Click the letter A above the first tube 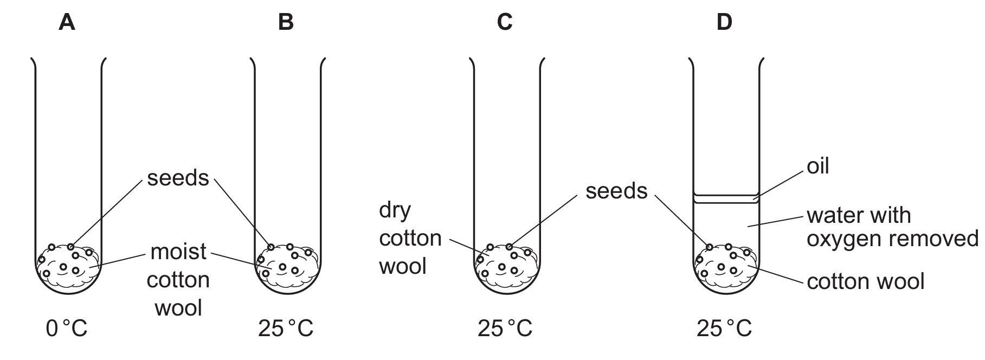pos(67,22)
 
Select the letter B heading pos(286,22)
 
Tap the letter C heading pos(505,22)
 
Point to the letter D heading pos(724,22)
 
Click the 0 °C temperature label pos(67,329)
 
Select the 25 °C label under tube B pos(286,329)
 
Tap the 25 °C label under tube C pos(505,329)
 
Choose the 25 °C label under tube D pos(724,329)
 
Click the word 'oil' pos(818,167)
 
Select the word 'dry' pos(395,210)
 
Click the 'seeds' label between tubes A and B pos(178,178)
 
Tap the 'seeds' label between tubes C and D pos(616,191)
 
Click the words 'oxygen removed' pos(892,239)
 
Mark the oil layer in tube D pos(726,199)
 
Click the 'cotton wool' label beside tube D pos(865,282)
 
